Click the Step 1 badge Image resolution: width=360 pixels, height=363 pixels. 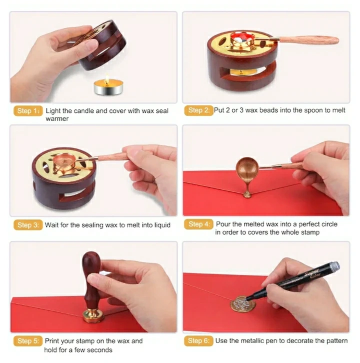(28, 111)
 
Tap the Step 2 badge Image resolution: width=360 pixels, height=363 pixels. (198, 110)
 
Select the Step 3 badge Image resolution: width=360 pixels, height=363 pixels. (28, 225)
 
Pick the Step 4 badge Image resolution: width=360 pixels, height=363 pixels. (198, 224)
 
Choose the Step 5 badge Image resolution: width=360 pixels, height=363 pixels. (28, 341)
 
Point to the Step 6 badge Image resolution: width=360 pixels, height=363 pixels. (198, 341)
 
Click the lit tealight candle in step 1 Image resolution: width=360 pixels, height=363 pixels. (108, 86)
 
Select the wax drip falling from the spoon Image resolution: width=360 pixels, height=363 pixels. (247, 188)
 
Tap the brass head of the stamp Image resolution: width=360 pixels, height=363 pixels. (93, 315)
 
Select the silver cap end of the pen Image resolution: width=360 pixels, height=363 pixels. (334, 265)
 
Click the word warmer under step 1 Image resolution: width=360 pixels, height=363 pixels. (57, 119)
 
